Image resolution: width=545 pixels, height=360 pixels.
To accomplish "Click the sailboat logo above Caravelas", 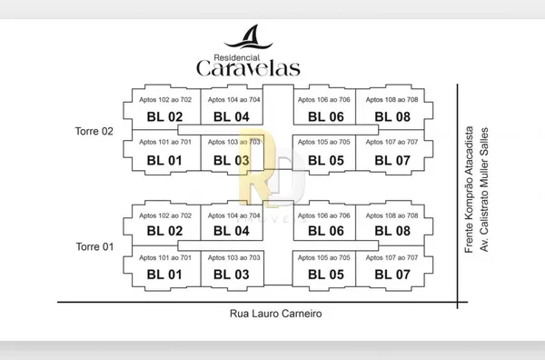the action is coord(248,37).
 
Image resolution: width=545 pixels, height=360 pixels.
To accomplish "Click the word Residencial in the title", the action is coord(237,58).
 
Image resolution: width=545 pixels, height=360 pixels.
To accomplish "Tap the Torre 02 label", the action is coord(94,131).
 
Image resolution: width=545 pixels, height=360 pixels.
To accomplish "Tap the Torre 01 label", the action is coord(94,246).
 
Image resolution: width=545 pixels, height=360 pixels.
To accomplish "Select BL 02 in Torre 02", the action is coord(164,117).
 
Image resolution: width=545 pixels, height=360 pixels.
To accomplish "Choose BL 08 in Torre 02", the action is coord(392,117).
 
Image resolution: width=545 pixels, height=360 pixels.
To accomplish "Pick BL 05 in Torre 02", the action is coord(326,160).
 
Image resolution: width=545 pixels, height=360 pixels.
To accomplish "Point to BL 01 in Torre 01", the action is coord(164,275).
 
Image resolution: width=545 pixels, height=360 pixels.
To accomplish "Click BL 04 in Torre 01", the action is coord(231,231).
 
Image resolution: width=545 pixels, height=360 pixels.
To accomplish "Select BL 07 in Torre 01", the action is coord(392,275).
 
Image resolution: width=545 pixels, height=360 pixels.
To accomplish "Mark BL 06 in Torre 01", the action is coord(326,231).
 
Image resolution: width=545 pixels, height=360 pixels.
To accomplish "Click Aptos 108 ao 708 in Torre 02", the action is coord(391,100).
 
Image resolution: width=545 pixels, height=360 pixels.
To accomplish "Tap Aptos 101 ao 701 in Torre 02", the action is coord(165,142).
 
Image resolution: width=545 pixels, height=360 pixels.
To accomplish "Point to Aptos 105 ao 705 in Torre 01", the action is coord(323,258).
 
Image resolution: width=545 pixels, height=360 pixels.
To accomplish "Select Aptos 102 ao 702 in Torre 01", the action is coord(165,215).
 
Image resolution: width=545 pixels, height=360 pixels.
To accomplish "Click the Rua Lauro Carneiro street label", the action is coord(275,314).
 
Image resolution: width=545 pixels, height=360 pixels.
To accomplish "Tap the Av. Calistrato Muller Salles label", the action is coord(484,190).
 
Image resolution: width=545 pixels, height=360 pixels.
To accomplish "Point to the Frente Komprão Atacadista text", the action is coord(469,189).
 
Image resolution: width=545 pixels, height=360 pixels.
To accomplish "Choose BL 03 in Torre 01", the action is coord(231,275).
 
